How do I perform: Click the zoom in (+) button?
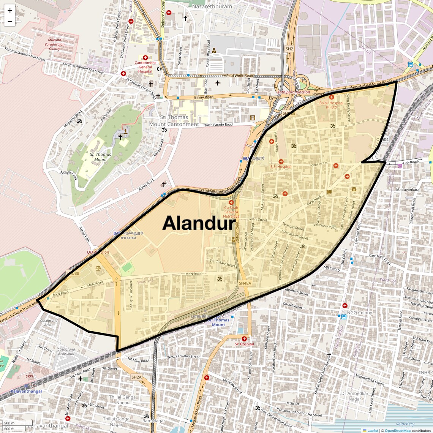10,11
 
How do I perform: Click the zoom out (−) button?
10,21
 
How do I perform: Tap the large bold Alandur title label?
199,223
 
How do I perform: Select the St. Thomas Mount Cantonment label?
174,121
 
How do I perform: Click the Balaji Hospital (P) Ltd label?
331,105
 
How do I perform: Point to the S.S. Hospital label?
281,167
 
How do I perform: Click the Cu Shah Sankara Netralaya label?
231,212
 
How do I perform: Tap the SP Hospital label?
244,344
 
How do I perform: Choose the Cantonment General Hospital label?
145,67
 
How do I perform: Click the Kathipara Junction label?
293,92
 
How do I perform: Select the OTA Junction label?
98,252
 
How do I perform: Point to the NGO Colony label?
359,313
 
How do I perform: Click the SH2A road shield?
136,377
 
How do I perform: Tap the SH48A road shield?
245,283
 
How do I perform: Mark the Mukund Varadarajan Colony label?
54,44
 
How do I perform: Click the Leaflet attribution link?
372,430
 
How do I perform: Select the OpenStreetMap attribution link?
397,430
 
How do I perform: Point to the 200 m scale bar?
9,423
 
